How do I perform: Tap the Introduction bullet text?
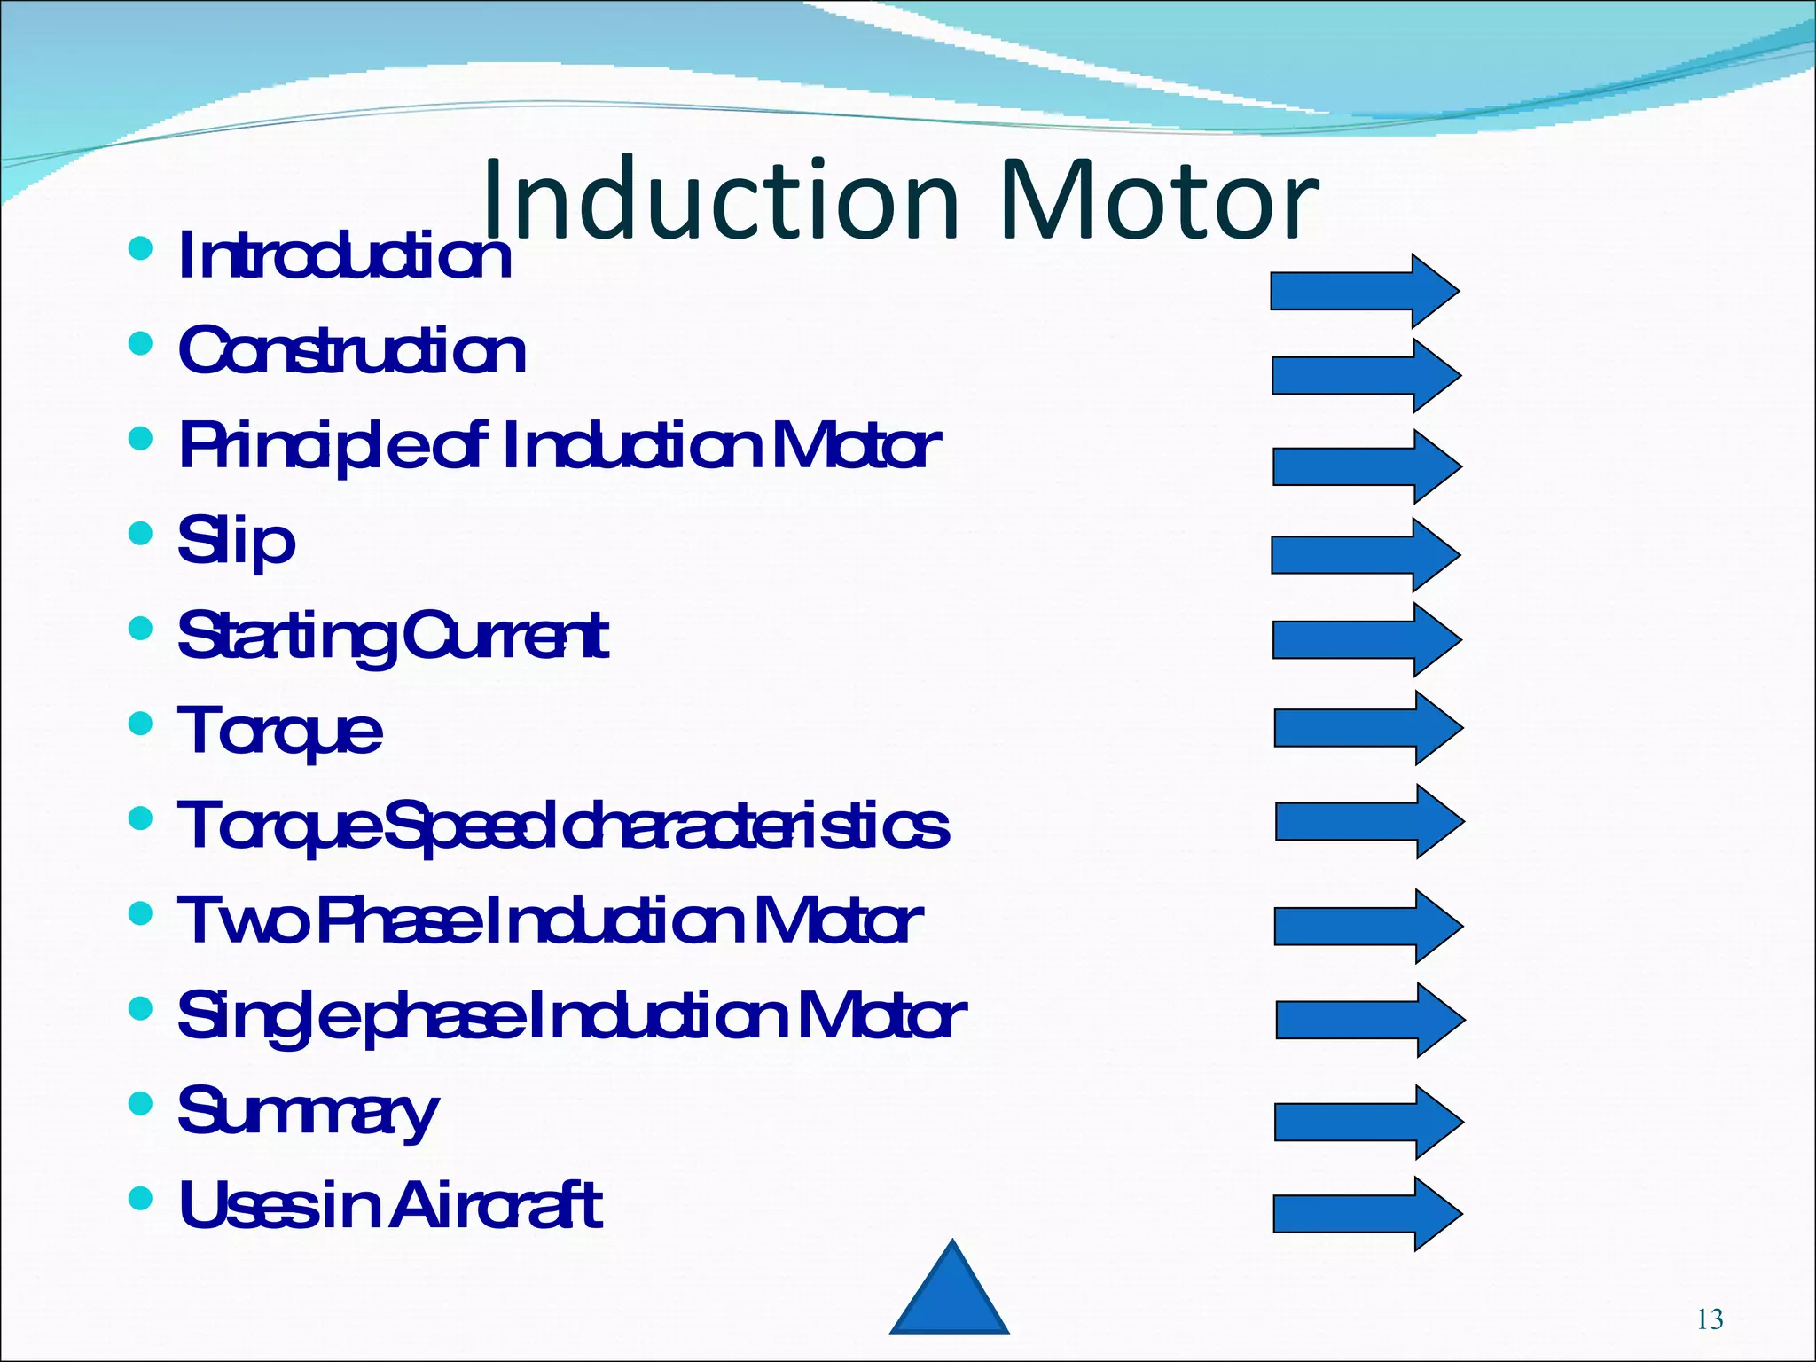(x=344, y=256)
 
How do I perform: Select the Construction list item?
(x=352, y=350)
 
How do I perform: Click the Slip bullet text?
(x=236, y=541)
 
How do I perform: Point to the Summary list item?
(x=308, y=1111)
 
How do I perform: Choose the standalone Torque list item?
(x=279, y=732)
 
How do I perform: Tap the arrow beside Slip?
(x=1365, y=555)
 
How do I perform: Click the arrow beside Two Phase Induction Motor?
(x=1367, y=926)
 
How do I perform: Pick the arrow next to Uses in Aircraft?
(x=1366, y=1214)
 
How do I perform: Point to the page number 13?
(x=1710, y=1319)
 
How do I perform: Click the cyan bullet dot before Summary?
(x=140, y=1103)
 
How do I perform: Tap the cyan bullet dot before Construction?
(x=140, y=343)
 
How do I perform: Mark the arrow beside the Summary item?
(x=1367, y=1122)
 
